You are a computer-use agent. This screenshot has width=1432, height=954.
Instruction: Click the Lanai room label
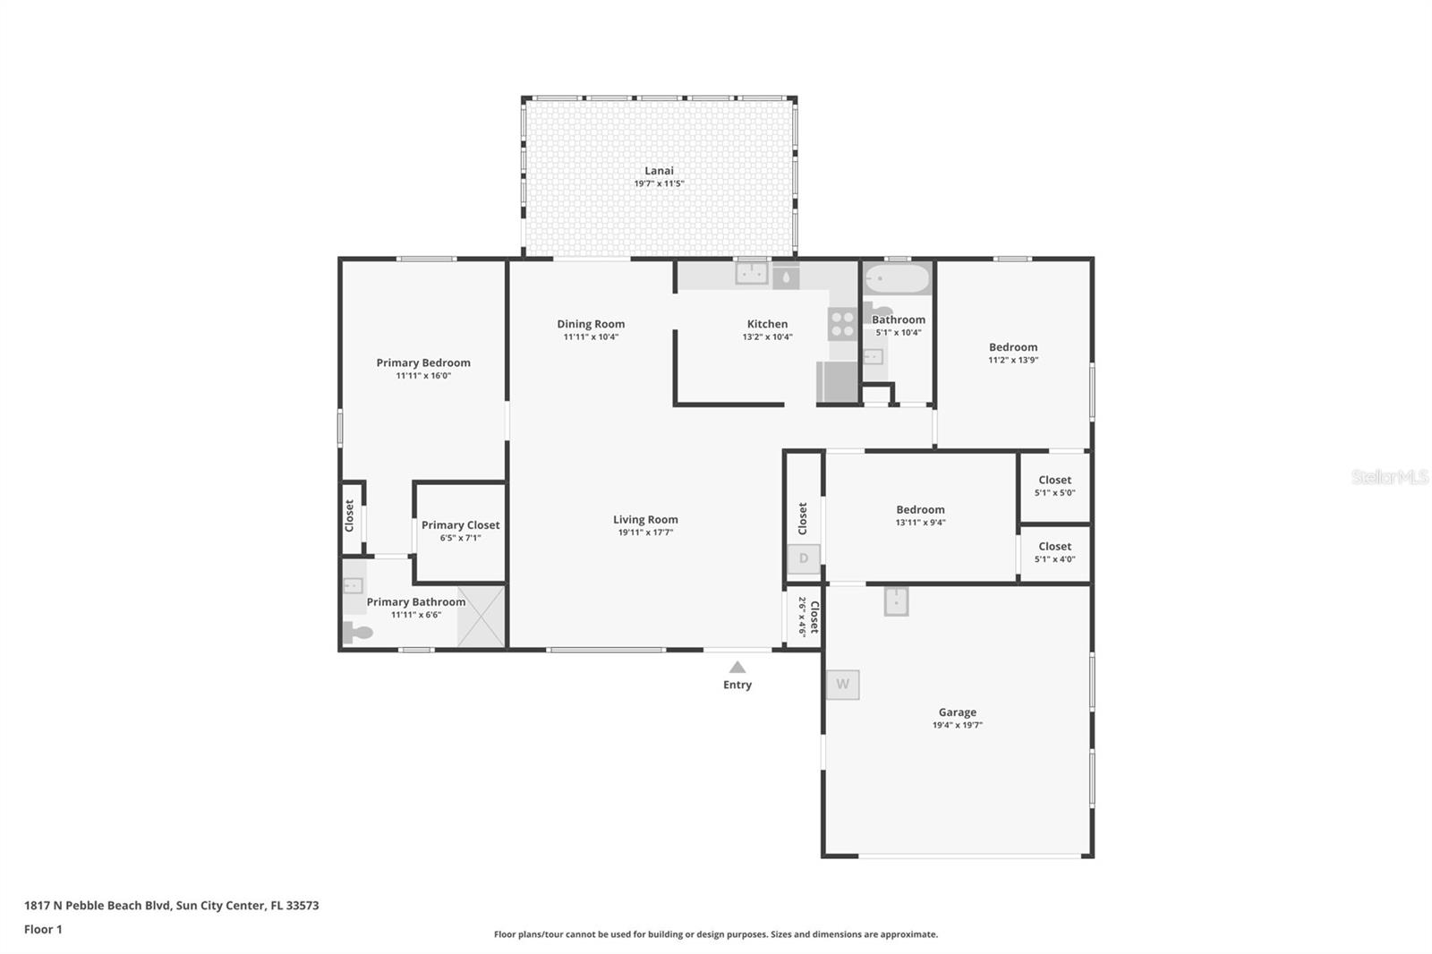[659, 171]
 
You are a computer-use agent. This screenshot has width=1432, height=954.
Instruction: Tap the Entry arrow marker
[737, 668]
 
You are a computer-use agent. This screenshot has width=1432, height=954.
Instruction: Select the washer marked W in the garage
[842, 684]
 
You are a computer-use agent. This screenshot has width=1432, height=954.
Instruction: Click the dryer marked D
[804, 558]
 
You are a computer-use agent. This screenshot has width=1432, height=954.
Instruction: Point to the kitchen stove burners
[842, 324]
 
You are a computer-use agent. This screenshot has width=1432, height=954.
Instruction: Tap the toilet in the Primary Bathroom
[357, 633]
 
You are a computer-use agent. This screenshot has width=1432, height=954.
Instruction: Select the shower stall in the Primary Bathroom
[482, 617]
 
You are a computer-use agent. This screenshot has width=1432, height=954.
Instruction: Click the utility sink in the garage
[896, 601]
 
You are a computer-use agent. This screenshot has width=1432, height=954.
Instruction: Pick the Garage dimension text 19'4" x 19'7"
[957, 725]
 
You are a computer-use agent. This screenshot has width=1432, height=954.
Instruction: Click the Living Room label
[645, 520]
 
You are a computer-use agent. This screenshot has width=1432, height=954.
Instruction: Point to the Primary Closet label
[460, 525]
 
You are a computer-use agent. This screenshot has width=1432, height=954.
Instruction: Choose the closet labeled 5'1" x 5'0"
[1055, 487]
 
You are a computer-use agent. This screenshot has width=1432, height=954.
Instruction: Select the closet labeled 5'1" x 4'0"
[1055, 553]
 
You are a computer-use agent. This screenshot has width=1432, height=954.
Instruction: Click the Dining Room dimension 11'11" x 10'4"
[591, 337]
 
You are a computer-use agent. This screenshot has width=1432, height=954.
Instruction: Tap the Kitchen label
[767, 324]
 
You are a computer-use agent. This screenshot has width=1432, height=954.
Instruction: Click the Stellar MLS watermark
[1390, 477]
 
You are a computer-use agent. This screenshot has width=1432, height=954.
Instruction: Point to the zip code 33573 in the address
[303, 906]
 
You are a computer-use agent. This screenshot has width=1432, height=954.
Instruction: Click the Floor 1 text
[43, 930]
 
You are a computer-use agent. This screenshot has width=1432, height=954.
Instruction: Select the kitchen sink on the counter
[751, 274]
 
